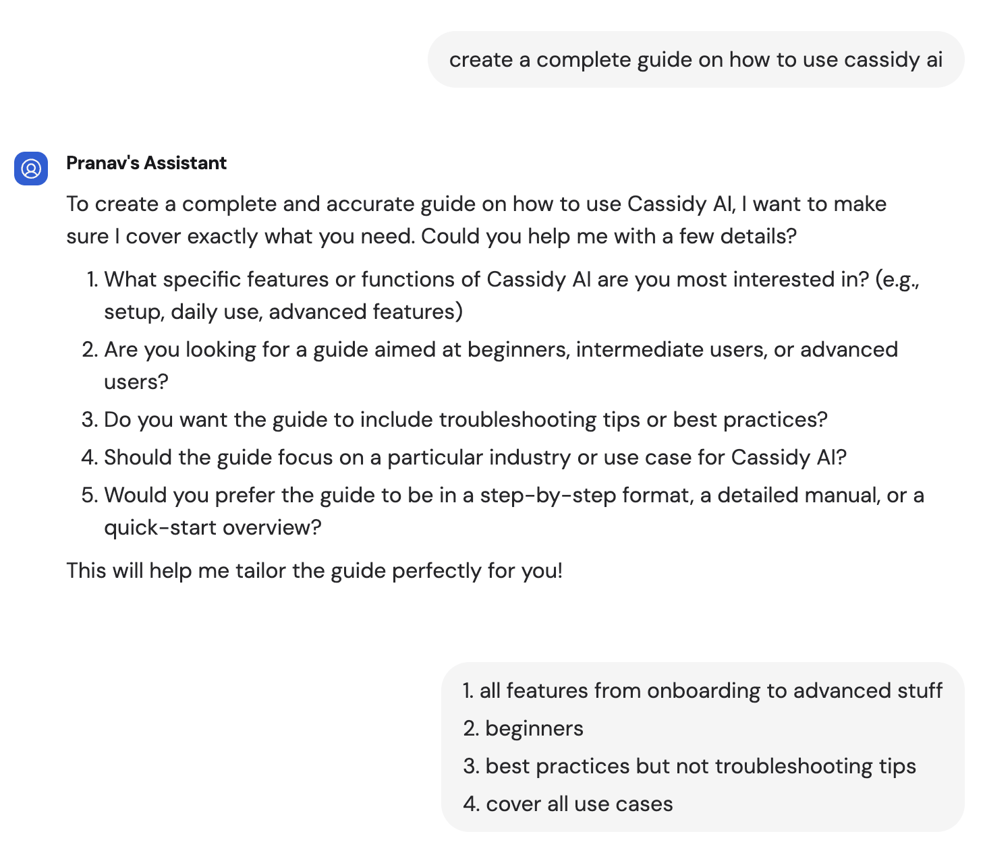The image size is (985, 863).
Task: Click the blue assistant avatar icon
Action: (31, 168)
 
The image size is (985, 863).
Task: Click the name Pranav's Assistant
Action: (146, 163)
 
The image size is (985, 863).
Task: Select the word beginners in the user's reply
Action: (534, 728)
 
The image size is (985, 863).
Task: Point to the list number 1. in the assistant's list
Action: (92, 279)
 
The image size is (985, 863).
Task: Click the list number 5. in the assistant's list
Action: (90, 495)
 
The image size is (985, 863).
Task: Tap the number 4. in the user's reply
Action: (470, 804)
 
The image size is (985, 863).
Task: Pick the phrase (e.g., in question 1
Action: (897, 279)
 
